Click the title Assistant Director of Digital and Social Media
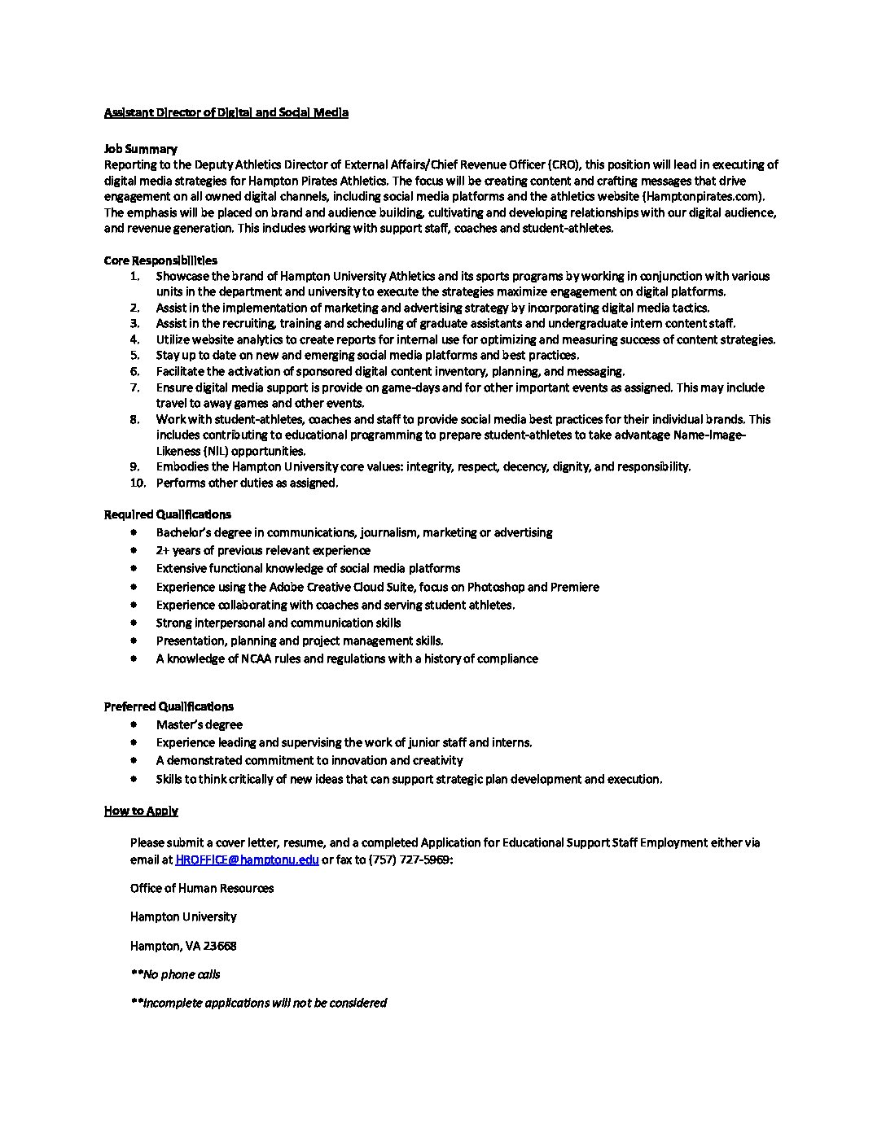[226, 112]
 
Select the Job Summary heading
[140, 149]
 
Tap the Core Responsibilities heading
[160, 260]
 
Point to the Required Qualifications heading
[167, 514]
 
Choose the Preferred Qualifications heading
[169, 706]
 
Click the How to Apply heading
[141, 811]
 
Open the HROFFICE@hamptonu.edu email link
[247, 859]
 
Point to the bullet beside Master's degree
[134, 724]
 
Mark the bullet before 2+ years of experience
[134, 550]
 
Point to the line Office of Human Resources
[202, 888]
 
